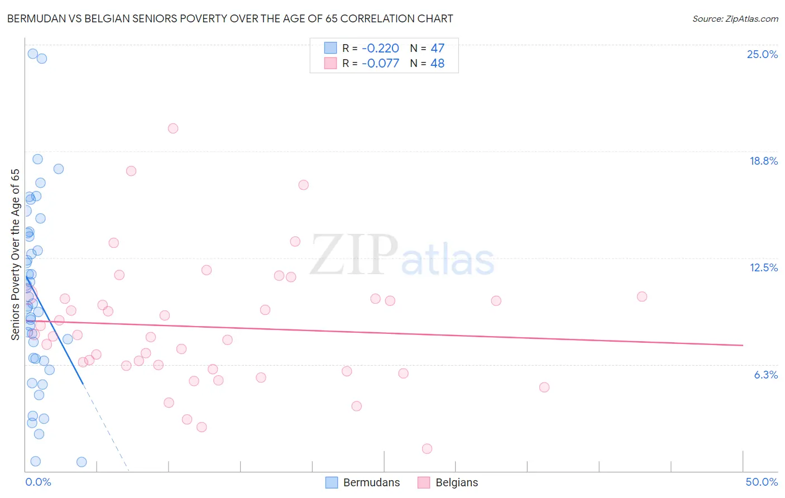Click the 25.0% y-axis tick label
pyautogui.click(x=762, y=54)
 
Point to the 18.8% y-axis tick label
pyautogui.click(x=763, y=161)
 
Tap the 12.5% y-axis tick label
pyautogui.click(x=763, y=267)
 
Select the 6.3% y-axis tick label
pyautogui.click(x=765, y=375)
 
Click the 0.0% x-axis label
pyautogui.click(x=38, y=482)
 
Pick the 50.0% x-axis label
pyautogui.click(x=762, y=482)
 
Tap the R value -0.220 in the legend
pyautogui.click(x=380, y=48)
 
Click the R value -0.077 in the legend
pyautogui.click(x=380, y=63)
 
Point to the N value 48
pyautogui.click(x=437, y=63)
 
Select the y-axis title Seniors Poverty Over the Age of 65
pyautogui.click(x=16, y=254)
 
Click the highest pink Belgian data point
pyautogui.click(x=173, y=128)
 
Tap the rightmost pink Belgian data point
pyautogui.click(x=642, y=296)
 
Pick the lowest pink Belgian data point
pyautogui.click(x=427, y=449)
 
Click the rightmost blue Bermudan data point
pyautogui.click(x=82, y=462)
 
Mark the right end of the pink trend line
pyautogui.click(x=743, y=345)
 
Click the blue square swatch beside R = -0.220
pyautogui.click(x=331, y=48)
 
